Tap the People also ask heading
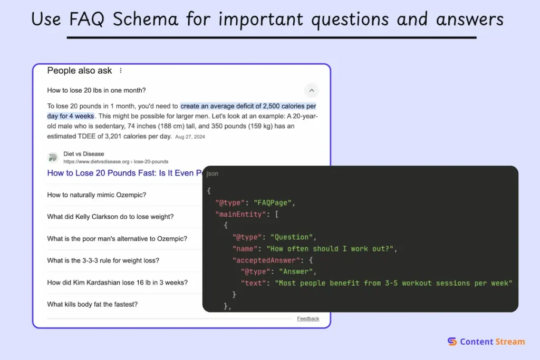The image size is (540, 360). [x=80, y=71]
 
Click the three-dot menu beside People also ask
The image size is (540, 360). [x=121, y=71]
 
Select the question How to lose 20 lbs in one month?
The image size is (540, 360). [x=97, y=90]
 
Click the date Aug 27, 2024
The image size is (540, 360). [x=190, y=137]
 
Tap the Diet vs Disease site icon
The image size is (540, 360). [x=53, y=158]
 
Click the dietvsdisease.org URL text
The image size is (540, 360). [x=115, y=161]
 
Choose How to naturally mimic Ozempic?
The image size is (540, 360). [x=97, y=195]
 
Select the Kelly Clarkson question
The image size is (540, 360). [x=110, y=217]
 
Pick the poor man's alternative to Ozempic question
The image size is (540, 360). [x=117, y=239]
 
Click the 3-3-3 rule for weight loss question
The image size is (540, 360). [x=103, y=260]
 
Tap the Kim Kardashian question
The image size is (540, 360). [x=117, y=283]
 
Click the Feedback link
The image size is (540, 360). [x=308, y=318]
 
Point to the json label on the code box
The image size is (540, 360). [x=213, y=174]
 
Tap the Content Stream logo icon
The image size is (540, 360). [x=452, y=342]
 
